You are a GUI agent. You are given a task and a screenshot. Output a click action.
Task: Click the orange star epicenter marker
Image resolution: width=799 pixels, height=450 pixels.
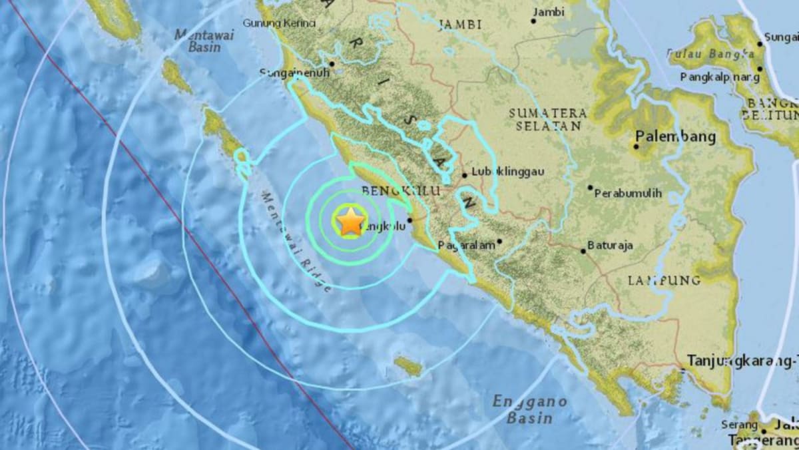tap(350, 221)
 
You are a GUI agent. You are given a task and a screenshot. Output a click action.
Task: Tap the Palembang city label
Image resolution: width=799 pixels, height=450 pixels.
tap(675, 136)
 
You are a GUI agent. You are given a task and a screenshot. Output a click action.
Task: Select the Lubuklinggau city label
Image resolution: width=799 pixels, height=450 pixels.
tap(507, 171)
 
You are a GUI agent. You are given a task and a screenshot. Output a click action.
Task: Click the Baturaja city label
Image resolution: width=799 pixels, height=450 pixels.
tap(610, 246)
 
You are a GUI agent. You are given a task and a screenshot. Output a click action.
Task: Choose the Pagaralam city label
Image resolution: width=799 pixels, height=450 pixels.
tap(466, 245)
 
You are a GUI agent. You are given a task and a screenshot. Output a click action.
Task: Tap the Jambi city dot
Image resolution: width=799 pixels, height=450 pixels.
tap(533, 21)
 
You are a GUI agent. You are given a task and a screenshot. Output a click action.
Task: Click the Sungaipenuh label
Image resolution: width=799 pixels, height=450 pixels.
tap(294, 73)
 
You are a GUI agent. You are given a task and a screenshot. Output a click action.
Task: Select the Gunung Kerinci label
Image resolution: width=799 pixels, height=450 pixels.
tap(279, 23)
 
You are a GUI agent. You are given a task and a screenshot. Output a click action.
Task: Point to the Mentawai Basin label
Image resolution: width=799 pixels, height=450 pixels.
tap(204, 41)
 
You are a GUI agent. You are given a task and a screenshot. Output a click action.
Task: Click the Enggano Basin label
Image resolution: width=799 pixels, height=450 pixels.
tap(529, 409)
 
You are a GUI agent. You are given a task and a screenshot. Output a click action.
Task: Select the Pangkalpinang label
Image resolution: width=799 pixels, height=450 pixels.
tap(720, 77)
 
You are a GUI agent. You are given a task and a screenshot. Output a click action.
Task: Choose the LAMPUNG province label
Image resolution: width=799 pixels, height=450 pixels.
tap(664, 280)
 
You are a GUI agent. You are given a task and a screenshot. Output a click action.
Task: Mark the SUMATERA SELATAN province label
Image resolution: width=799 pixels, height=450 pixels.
tap(548, 119)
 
